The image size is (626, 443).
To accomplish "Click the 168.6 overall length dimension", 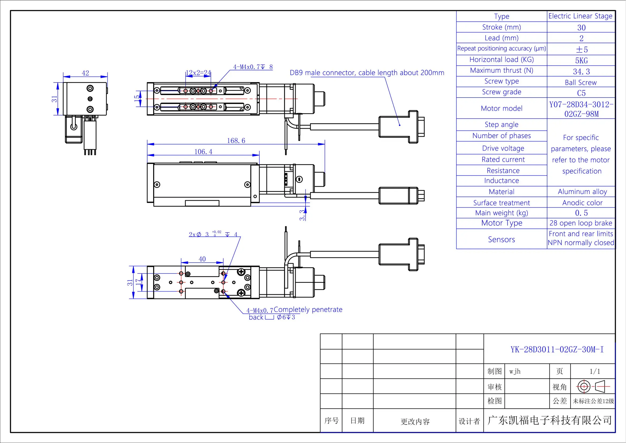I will [x=236, y=141].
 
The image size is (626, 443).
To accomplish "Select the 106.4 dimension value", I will [x=203, y=152].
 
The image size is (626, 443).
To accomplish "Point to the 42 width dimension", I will [x=85, y=73].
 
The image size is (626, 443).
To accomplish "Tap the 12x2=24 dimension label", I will [x=198, y=73].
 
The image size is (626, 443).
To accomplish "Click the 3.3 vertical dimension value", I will [x=302, y=215].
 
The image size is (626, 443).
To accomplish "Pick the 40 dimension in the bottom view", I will [x=202, y=259].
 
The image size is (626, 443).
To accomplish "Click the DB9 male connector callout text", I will [x=367, y=73].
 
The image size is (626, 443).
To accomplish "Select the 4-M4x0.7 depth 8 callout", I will [x=252, y=67].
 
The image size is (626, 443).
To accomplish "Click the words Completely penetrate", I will [x=308, y=309].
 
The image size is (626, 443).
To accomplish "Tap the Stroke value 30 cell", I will [x=581, y=28].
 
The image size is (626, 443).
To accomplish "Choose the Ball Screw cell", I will [x=581, y=83].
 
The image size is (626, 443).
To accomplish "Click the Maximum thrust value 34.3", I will [x=581, y=72].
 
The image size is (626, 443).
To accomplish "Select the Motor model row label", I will [x=501, y=108].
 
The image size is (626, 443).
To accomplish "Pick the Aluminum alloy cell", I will [x=582, y=192].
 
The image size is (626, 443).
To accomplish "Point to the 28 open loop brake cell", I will [x=581, y=223].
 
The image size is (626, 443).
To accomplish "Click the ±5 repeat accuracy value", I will [x=582, y=50].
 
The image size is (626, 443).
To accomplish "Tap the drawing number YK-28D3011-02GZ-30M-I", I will [x=557, y=349].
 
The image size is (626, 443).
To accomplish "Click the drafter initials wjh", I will [x=515, y=371].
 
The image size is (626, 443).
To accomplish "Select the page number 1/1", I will [x=595, y=371].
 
